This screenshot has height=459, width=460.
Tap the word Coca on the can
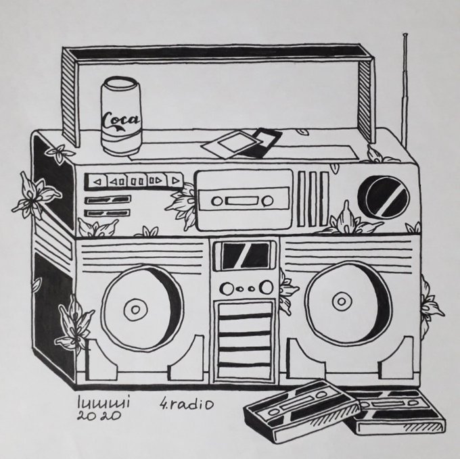pyautogui.click(x=120, y=121)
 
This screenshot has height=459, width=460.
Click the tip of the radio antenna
pyautogui.click(x=404, y=34)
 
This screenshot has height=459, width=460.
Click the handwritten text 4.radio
pyautogui.click(x=186, y=404)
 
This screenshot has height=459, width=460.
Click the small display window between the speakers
pyautogui.click(x=245, y=255)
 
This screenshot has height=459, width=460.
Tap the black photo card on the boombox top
pyautogui.click(x=261, y=143)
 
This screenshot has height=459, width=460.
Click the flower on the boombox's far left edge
pyautogui.click(x=32, y=195)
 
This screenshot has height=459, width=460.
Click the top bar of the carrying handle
pyautogui.click(x=216, y=52)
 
